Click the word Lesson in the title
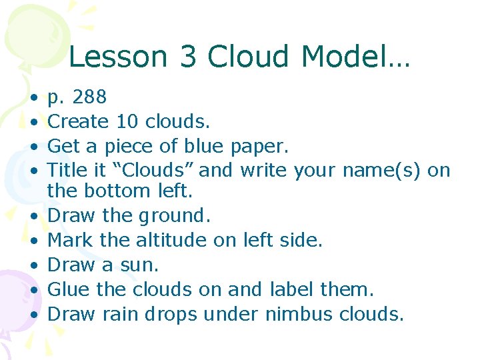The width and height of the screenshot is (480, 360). pos(109,57)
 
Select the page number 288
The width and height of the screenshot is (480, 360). pos(89,97)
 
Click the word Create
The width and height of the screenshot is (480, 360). pos(78,121)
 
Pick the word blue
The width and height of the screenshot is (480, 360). pos(200,145)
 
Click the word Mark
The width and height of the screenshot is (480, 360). pos(67,240)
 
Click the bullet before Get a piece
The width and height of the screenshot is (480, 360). pos(33,146)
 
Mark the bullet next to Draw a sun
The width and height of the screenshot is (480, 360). pos(33,265)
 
